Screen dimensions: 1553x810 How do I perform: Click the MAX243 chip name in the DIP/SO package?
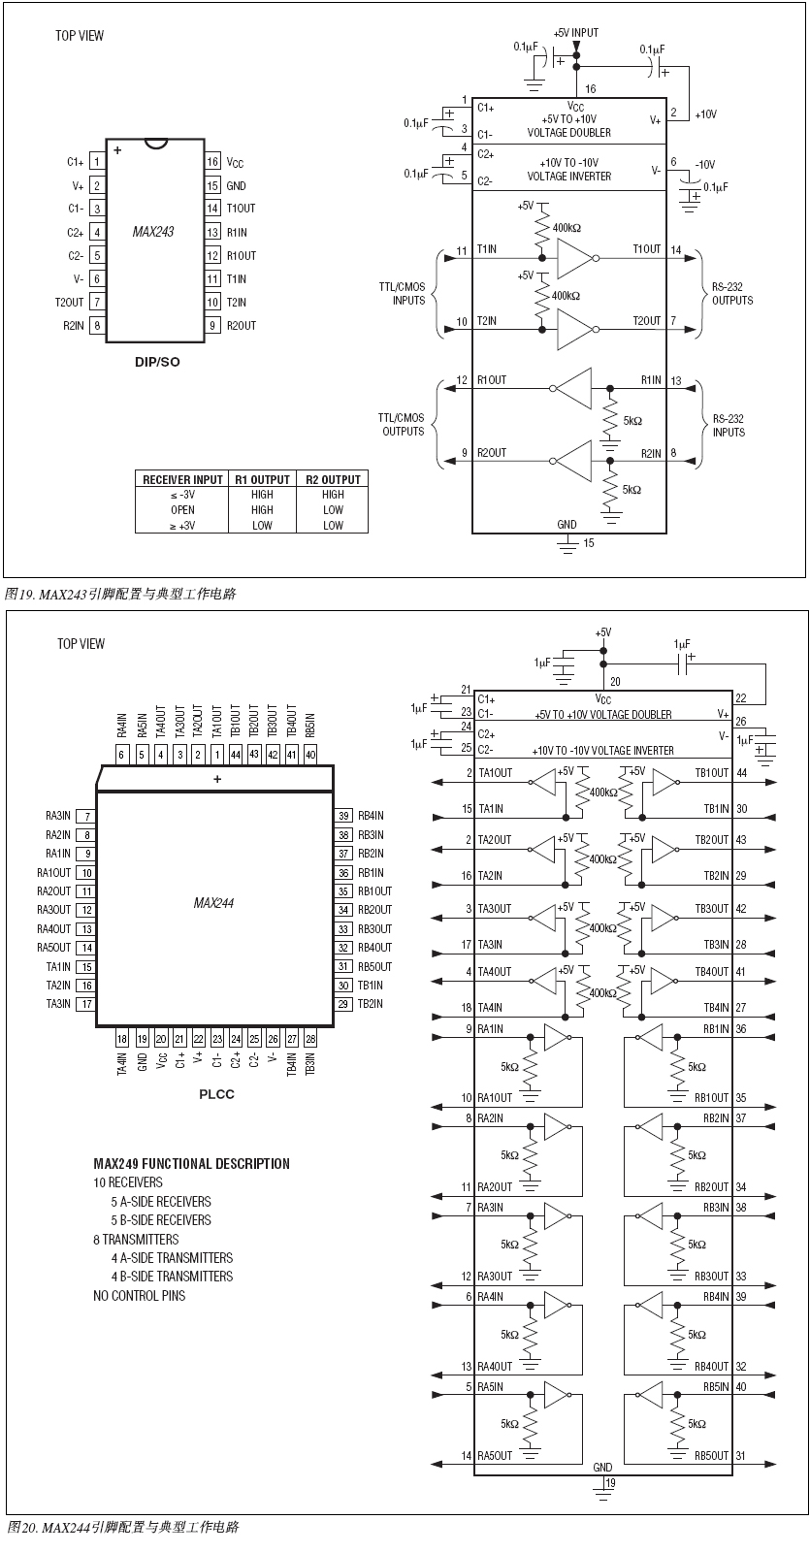[153, 232]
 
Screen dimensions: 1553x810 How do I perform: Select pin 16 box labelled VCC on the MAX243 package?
[212, 162]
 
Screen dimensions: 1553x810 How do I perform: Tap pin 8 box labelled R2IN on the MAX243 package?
[97, 326]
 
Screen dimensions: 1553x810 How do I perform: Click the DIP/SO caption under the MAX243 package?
[156, 363]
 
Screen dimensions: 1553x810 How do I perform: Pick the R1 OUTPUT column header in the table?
[262, 479]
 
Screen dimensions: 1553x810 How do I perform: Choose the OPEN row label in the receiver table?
[182, 510]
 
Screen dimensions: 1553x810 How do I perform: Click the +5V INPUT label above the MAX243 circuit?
[576, 33]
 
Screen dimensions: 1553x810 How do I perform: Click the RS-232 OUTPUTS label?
[732, 294]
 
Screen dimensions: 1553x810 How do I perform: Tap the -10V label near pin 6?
[704, 165]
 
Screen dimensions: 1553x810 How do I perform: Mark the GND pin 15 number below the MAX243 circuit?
[589, 543]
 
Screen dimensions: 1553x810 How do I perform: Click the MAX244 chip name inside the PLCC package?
[213, 903]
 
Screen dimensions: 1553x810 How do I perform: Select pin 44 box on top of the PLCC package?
[236, 754]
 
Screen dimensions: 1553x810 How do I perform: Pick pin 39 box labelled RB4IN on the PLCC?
[343, 817]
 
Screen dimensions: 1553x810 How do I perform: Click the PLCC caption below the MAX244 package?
[216, 1094]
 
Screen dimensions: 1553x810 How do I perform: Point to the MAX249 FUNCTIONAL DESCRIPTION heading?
[191, 1164]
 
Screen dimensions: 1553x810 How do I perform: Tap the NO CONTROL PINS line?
[139, 1296]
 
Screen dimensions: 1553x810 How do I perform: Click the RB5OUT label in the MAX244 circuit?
[711, 1456]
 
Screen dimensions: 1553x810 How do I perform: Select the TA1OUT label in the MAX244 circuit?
[495, 773]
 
